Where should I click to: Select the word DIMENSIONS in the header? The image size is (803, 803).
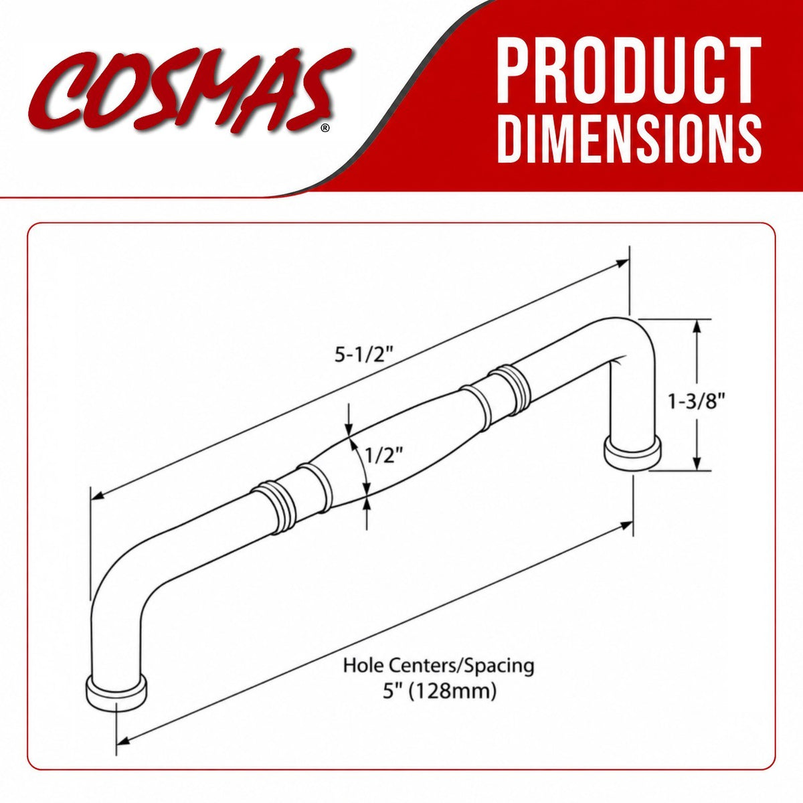point(630,139)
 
